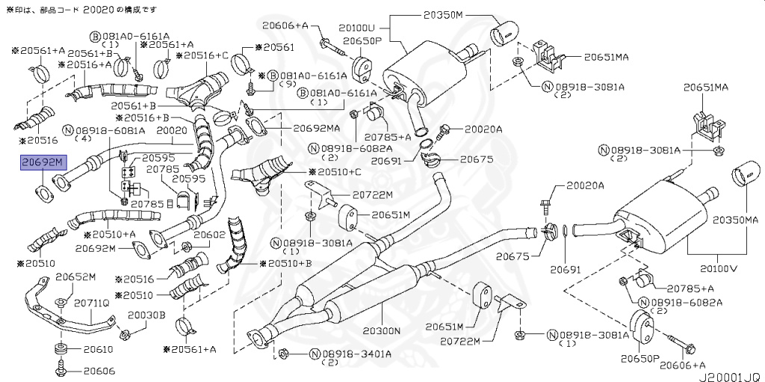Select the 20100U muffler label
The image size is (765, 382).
pos(401,26)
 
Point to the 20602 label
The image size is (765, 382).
pos(209,235)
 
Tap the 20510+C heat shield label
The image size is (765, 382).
pos(335,172)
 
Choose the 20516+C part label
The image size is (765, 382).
pos(206,55)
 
